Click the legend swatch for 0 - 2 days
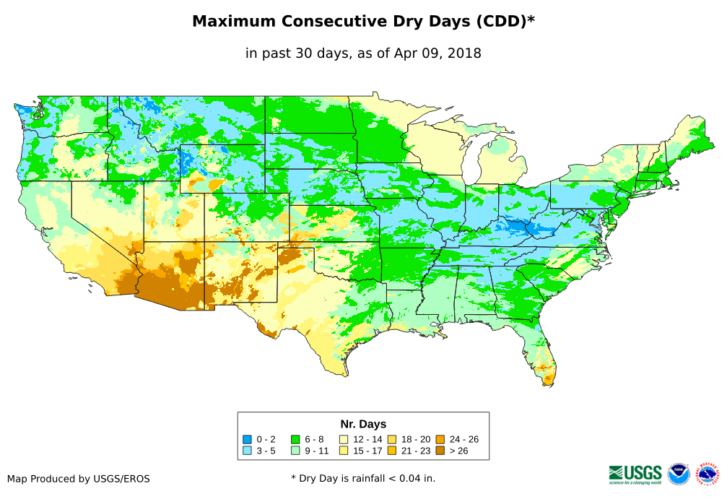pyautogui.click(x=247, y=439)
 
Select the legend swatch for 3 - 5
pyautogui.click(x=247, y=451)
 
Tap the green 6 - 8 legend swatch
pyautogui.click(x=295, y=439)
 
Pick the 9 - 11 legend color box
pyautogui.click(x=295, y=451)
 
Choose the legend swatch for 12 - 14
pyautogui.click(x=344, y=439)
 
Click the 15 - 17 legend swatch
pyautogui.click(x=344, y=451)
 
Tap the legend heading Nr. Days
pyautogui.click(x=363, y=424)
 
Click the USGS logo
pyautogui.click(x=635, y=473)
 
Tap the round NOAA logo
pyautogui.click(x=679, y=474)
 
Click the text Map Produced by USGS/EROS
pyautogui.click(x=79, y=478)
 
